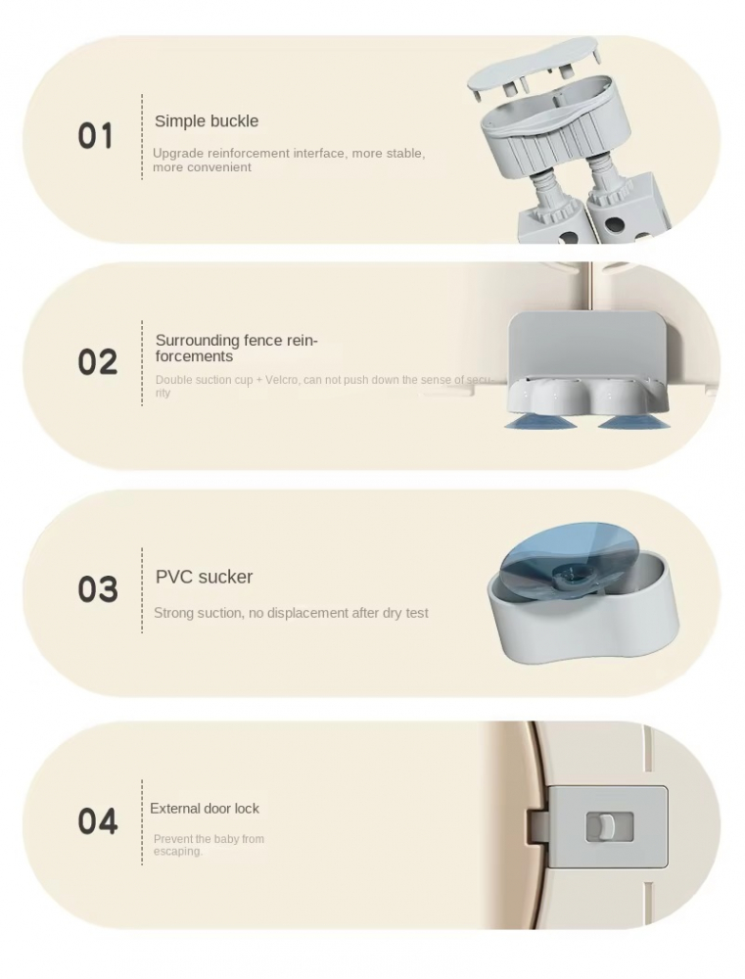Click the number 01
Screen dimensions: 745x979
click(x=96, y=136)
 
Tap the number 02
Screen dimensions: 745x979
click(x=98, y=361)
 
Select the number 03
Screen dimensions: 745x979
click(x=98, y=588)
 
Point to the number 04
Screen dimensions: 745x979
click(x=98, y=821)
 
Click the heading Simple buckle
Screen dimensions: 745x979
click(x=207, y=120)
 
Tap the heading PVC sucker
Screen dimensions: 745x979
click(x=205, y=577)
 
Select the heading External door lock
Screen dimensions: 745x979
click(x=205, y=809)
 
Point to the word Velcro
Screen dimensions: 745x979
click(x=282, y=380)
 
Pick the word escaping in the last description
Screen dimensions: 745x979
click(x=178, y=852)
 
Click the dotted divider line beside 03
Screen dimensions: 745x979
click(x=142, y=590)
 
